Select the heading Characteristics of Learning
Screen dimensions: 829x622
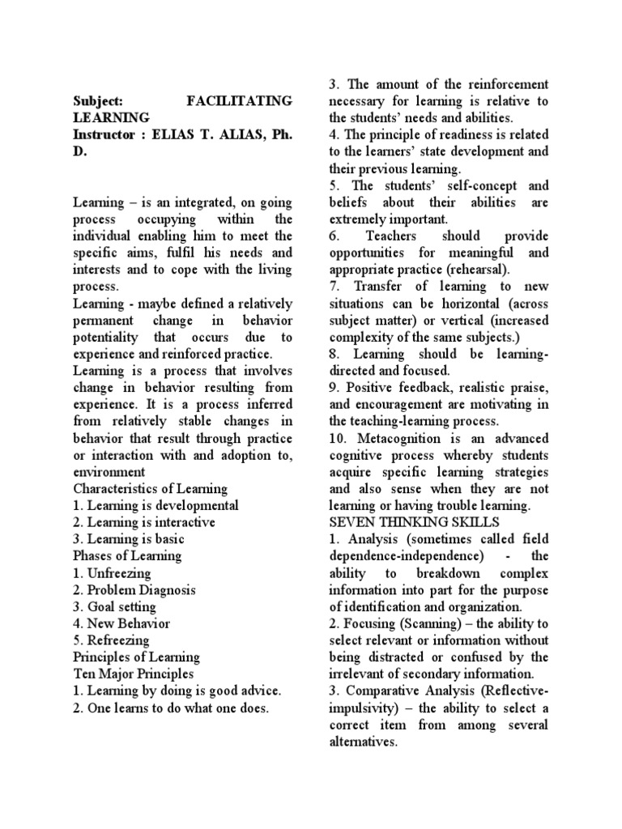click(151, 488)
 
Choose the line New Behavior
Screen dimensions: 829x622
click(125, 623)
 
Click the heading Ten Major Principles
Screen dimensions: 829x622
click(135, 674)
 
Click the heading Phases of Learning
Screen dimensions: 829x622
click(127, 555)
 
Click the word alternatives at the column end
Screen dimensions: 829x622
click(364, 741)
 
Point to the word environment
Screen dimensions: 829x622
click(109, 471)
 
